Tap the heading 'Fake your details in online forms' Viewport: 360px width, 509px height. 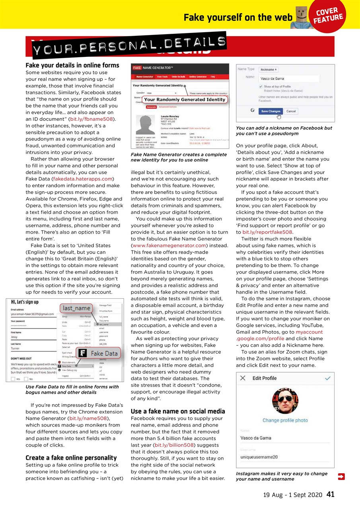(72, 65)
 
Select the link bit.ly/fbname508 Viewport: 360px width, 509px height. (92, 119)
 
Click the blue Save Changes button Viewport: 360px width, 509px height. (270, 111)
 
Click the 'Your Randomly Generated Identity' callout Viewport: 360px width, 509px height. (185, 99)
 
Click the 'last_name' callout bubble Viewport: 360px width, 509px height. (77, 308)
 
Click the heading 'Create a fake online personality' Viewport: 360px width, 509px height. (71, 458)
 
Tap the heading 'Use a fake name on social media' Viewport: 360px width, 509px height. (177, 411)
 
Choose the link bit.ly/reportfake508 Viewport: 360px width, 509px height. (267, 232)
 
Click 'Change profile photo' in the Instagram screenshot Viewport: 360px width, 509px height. (285, 420)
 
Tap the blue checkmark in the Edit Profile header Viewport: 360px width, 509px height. (327, 378)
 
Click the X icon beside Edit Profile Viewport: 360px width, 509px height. (243, 378)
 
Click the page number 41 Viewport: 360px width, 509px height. (330, 494)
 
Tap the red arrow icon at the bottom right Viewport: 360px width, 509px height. (341, 476)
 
